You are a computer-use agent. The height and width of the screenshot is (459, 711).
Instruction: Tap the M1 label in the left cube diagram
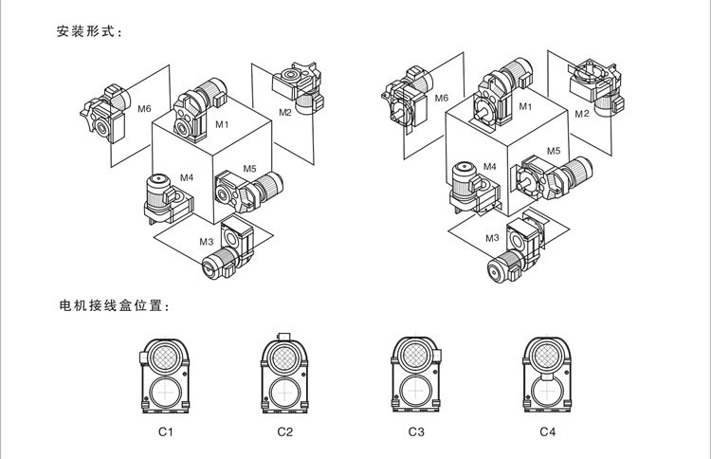[222, 124]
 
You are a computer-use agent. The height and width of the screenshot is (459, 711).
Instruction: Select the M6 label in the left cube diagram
[144, 109]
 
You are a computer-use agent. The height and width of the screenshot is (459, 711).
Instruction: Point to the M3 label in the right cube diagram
[492, 237]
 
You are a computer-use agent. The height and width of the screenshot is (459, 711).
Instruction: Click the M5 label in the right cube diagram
[554, 150]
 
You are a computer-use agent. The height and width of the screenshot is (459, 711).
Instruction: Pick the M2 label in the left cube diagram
[285, 112]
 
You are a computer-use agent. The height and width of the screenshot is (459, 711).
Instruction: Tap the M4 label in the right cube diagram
[489, 167]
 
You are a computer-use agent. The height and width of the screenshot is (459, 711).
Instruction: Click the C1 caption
[165, 432]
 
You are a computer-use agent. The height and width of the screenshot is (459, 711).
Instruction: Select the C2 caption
[285, 432]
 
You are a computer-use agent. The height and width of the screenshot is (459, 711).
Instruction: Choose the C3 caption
[416, 432]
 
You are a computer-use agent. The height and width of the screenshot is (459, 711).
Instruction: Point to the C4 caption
[547, 432]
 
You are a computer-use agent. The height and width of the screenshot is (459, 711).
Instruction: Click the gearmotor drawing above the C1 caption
[165, 374]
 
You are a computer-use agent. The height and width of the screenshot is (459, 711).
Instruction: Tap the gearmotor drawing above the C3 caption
[416, 374]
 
